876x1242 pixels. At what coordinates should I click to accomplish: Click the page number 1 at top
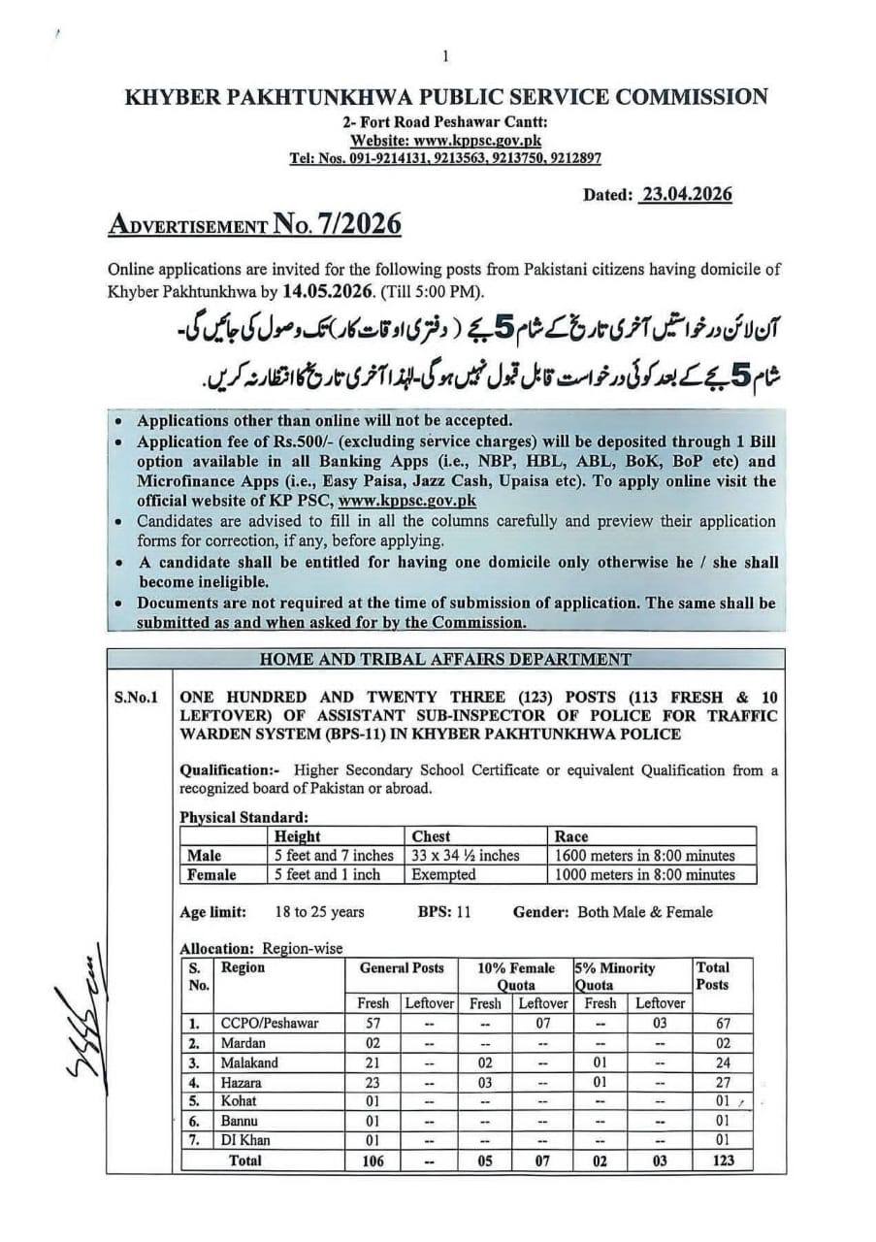444,56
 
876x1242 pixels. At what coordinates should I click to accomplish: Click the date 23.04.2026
686,194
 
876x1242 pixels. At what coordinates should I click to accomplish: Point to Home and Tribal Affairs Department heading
445,659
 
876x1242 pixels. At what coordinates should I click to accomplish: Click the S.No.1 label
136,697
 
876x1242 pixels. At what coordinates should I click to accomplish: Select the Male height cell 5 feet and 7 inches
335,855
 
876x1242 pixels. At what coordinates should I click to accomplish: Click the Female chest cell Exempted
443,874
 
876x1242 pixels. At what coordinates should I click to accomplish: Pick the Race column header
571,836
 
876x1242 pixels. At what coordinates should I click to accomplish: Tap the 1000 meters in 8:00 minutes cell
644,874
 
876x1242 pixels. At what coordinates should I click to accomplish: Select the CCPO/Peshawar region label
270,1023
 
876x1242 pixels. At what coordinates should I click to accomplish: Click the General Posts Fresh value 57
372,1023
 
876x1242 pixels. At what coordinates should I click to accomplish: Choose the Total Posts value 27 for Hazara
720,1082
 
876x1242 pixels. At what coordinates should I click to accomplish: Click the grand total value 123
722,1160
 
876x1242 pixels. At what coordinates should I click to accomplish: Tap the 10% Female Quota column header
516,975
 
